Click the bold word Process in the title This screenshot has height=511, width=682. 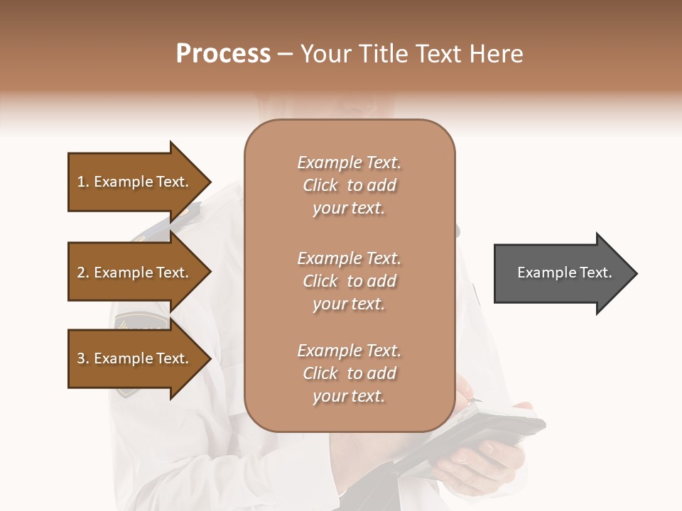(223, 54)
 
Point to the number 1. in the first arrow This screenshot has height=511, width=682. (83, 182)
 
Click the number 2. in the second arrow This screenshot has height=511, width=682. (83, 273)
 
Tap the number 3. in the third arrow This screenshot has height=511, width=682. (83, 358)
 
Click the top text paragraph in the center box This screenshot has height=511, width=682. (349, 185)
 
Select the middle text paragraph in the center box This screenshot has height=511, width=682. (349, 281)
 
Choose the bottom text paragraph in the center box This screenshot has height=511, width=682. (349, 373)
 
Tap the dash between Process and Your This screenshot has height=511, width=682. (286, 54)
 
